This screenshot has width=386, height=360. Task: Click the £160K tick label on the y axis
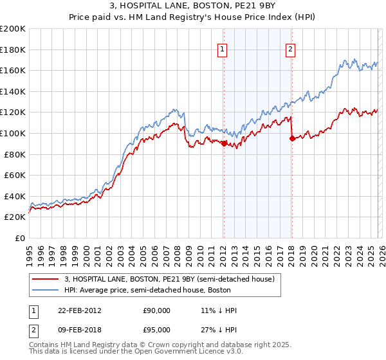pos(13,70)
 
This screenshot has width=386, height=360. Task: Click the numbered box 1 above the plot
pos(223,49)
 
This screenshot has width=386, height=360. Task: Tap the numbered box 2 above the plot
pos(291,49)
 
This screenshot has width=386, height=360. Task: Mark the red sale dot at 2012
pos(224,143)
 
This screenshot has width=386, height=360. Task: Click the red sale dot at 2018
pos(292,138)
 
